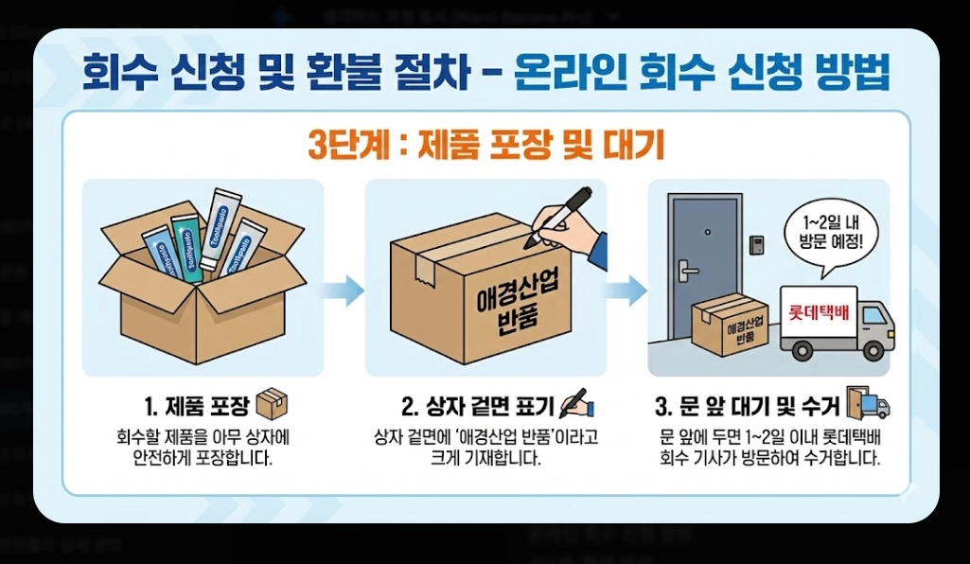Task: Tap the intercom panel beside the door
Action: [x=757, y=244]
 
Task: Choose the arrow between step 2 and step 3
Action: [x=626, y=290]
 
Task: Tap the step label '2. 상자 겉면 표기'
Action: [x=478, y=407]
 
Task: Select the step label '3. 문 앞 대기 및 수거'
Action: [x=748, y=407]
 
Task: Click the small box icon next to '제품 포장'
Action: [x=273, y=404]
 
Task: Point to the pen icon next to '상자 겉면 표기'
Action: [x=576, y=404]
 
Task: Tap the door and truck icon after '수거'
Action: [x=869, y=404]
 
